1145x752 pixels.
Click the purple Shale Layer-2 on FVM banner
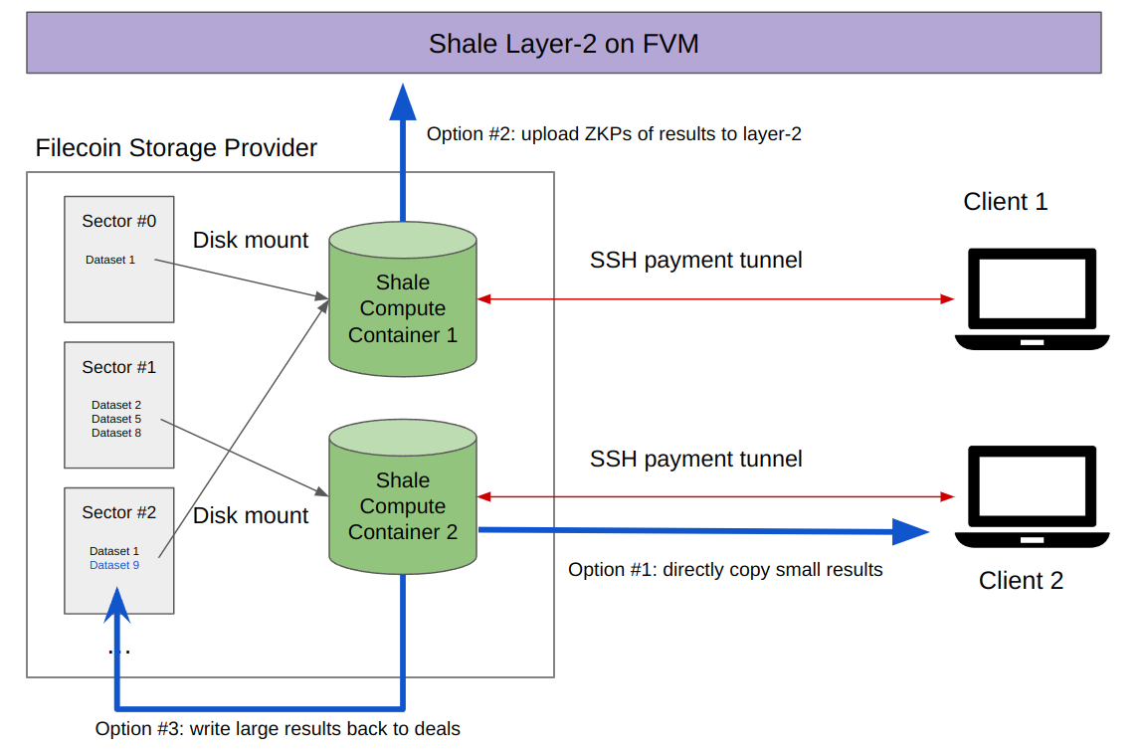coord(563,44)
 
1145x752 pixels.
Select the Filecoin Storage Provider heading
coord(176,148)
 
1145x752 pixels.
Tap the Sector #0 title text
coord(119,221)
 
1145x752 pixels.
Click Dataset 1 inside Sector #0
coord(110,260)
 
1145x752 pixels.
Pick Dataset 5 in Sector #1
coord(116,419)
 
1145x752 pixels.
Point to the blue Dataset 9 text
coord(114,565)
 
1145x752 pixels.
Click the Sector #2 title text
coord(119,512)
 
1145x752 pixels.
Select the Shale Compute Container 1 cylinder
coord(403,303)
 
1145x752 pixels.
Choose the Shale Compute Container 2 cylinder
coord(403,502)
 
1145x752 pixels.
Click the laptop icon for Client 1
coord(1032,298)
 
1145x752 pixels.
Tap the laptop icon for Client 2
coord(1032,496)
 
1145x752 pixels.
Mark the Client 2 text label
coord(1021,581)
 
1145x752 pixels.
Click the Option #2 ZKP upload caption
coord(614,133)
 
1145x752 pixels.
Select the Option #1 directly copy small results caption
coord(725,570)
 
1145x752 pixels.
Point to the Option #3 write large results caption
coord(278,729)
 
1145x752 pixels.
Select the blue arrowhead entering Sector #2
coord(117,605)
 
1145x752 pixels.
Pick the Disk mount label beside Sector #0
coord(251,241)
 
